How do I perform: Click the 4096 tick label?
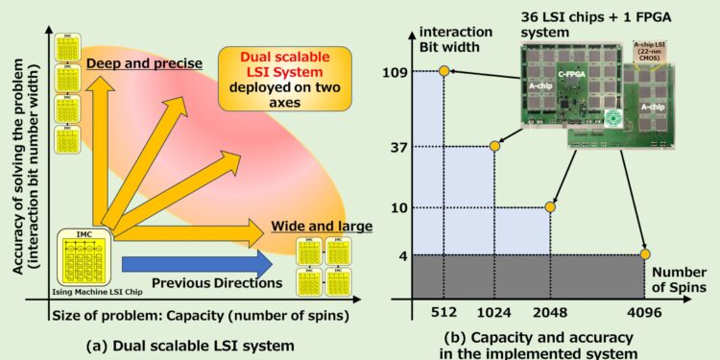645,312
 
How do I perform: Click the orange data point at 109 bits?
444,71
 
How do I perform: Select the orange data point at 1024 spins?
495,146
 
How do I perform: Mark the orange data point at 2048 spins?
550,207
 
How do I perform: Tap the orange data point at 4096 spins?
645,254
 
